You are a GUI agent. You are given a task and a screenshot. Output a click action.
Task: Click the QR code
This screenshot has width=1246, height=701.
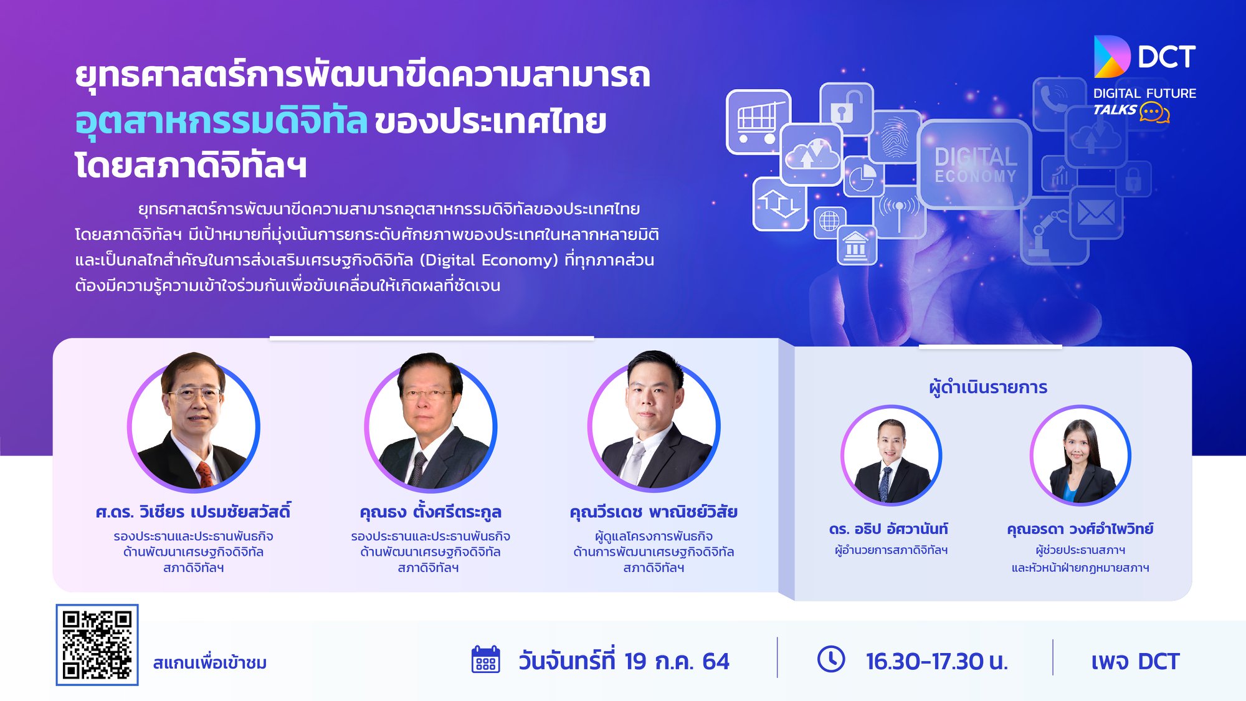point(97,645)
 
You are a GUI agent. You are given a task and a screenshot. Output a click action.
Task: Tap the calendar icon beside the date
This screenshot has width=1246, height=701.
point(486,659)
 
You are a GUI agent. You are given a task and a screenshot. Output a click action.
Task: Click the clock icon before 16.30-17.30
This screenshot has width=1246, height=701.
point(831,659)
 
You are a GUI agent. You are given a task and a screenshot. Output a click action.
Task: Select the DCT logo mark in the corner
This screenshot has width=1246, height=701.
point(1112,56)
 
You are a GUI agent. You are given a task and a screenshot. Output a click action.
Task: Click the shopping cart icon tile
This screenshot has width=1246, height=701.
point(758,122)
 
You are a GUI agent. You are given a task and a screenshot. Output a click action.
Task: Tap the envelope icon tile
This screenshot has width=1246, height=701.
point(1096,214)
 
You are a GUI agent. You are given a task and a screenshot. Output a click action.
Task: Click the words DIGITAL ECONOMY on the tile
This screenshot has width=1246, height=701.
point(976,165)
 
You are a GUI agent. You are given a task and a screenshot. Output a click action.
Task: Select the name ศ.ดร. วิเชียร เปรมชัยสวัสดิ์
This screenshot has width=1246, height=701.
point(193,512)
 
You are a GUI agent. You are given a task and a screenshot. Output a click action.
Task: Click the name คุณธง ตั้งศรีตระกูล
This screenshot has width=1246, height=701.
point(430,512)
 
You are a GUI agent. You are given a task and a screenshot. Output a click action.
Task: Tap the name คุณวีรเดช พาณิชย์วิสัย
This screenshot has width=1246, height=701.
point(654,512)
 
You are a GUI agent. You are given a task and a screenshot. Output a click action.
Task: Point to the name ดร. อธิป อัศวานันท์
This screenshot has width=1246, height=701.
point(888,529)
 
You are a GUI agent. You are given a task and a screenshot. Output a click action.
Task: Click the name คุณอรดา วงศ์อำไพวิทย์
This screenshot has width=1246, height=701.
point(1080,529)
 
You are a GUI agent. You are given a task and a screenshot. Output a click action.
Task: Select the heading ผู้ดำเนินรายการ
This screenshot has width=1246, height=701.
point(988,387)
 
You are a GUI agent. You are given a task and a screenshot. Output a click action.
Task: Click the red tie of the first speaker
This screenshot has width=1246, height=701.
point(205,474)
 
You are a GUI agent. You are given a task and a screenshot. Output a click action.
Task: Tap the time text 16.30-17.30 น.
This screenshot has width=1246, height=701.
point(937,661)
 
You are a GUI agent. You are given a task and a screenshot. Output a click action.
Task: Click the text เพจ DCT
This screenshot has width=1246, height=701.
point(1135,661)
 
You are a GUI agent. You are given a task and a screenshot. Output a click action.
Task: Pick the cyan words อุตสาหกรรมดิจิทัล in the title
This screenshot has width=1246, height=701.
point(221,120)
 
